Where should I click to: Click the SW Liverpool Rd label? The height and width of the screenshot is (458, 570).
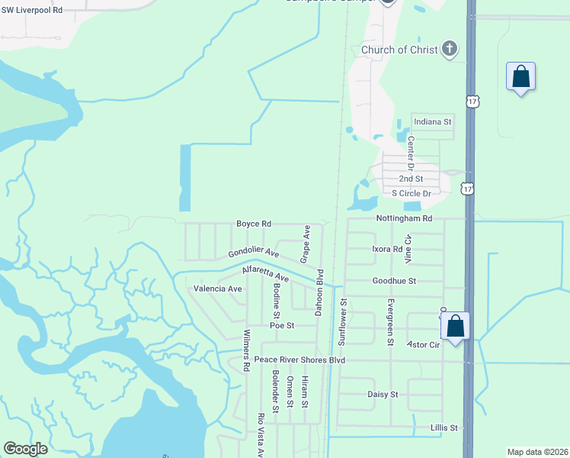coord(31,9)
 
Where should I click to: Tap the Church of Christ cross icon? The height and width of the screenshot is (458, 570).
coord(450,50)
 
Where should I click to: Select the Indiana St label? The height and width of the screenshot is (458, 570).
coord(433,121)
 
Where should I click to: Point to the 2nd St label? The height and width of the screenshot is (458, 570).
coord(411,179)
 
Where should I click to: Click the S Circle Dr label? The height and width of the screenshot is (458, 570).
coord(411,194)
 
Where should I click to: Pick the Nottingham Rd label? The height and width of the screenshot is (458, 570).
coord(404,218)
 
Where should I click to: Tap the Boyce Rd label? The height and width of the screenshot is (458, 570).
coord(254,224)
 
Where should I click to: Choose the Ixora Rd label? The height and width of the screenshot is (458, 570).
coord(387,249)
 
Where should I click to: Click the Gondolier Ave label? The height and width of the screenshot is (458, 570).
coord(253,253)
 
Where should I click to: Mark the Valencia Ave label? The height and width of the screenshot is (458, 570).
coord(218,289)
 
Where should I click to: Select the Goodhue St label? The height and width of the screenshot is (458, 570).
coord(394,281)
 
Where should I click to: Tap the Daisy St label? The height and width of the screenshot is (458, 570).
coord(383,395)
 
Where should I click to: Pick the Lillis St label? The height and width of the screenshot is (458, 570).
coord(444,428)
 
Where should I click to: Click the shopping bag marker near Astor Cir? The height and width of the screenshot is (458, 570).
coord(456,326)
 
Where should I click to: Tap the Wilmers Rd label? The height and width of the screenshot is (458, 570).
coord(246,350)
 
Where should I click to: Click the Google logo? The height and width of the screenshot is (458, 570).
coord(25,449)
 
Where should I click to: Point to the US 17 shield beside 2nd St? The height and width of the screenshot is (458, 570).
coord(468,188)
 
